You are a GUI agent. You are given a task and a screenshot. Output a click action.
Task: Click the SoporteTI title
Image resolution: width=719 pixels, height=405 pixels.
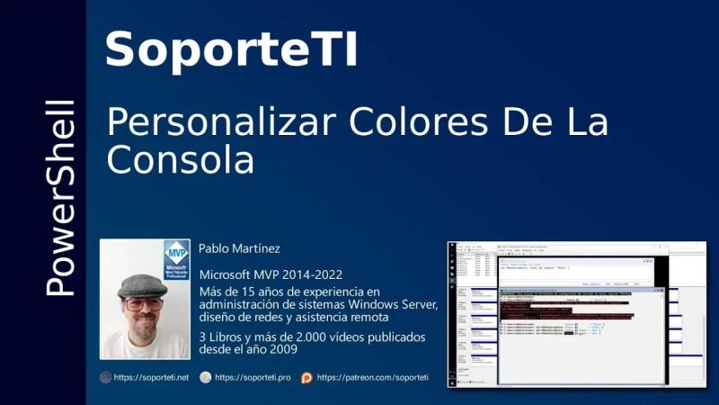(232, 49)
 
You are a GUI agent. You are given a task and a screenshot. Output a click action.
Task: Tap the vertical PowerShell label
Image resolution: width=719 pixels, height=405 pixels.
(60, 199)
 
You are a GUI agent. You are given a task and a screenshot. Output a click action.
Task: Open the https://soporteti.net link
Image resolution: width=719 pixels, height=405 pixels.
(151, 378)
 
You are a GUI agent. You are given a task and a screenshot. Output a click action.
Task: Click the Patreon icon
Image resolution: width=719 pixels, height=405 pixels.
(306, 378)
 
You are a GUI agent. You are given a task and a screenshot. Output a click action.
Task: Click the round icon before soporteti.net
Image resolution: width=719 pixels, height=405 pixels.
(105, 378)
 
